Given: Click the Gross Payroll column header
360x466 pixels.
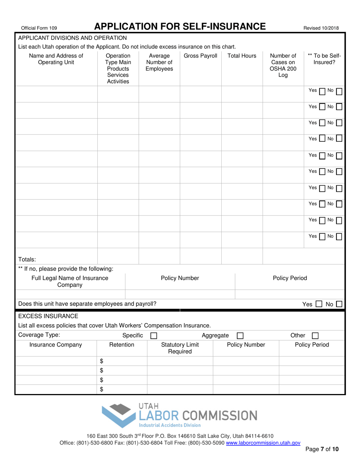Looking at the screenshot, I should (x=200, y=56).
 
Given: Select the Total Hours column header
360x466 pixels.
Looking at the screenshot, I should (x=242, y=56).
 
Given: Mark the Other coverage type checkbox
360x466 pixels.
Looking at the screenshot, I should (x=315, y=335).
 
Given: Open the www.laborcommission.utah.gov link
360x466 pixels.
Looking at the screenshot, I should (x=263, y=443).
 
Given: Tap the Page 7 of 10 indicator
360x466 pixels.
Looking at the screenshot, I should (x=322, y=450).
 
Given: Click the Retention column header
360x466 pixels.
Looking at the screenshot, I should (x=122, y=345).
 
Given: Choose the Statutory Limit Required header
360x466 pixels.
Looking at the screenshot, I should (x=180, y=348).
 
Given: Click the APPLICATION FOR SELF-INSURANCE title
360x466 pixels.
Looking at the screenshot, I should (x=180, y=26).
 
